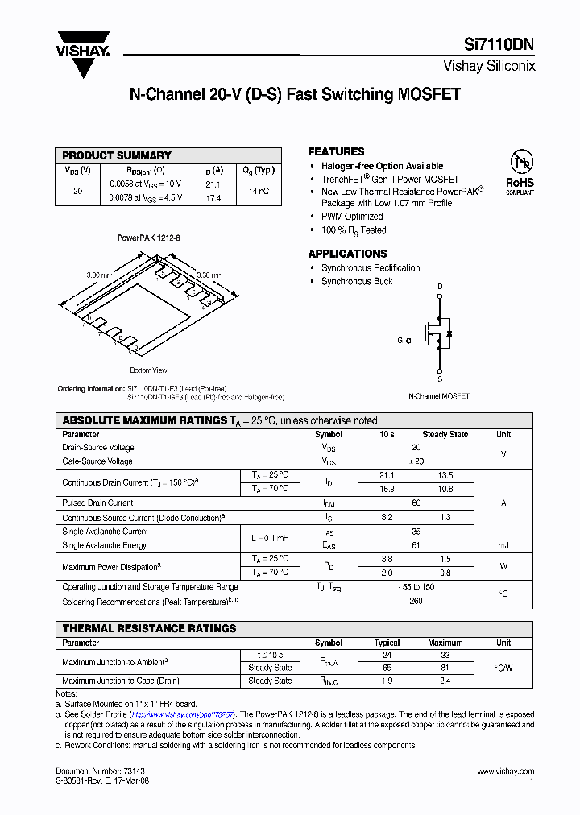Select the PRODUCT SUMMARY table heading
pyautogui.click(x=117, y=155)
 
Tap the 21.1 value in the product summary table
pyautogui.click(x=213, y=184)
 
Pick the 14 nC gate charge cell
pyautogui.click(x=259, y=191)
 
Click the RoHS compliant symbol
pyautogui.click(x=520, y=172)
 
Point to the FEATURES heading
pyautogui.click(x=336, y=151)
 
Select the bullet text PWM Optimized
pyautogui.click(x=352, y=217)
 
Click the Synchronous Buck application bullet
pyautogui.click(x=357, y=281)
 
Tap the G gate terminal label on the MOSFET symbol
pyautogui.click(x=400, y=341)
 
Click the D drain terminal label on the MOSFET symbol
pyautogui.click(x=440, y=287)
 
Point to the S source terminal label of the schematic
pyautogui.click(x=440, y=378)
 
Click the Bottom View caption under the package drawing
pyautogui.click(x=148, y=370)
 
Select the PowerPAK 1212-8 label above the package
pyautogui.click(x=148, y=238)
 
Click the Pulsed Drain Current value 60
pyautogui.click(x=416, y=503)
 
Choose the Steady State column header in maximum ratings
pyautogui.click(x=445, y=434)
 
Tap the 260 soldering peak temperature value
pyautogui.click(x=416, y=601)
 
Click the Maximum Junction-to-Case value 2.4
pyautogui.click(x=445, y=681)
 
